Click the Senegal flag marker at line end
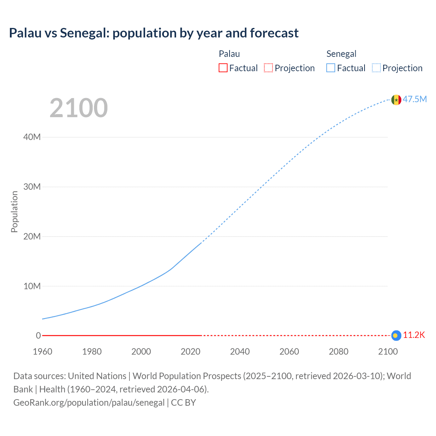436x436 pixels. pyautogui.click(x=396, y=100)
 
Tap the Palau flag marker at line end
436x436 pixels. pyautogui.click(x=396, y=336)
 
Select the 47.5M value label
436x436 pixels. pyautogui.click(x=415, y=99)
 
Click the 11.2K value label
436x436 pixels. pyautogui.click(x=414, y=335)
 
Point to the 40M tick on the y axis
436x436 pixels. pyautogui.click(x=32, y=137)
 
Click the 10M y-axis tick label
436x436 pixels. pyautogui.click(x=32, y=286)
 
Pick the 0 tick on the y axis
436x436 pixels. pyautogui.click(x=38, y=336)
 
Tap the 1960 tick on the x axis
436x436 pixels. pyautogui.click(x=43, y=352)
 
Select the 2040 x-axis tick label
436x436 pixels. pyautogui.click(x=240, y=352)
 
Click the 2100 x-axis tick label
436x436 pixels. pyautogui.click(x=388, y=352)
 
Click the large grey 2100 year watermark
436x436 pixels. pyautogui.click(x=79, y=108)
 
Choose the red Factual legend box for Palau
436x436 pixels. pyautogui.click(x=223, y=68)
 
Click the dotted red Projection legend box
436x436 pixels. pyautogui.click(x=268, y=68)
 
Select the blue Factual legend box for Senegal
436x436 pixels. pyautogui.click(x=331, y=68)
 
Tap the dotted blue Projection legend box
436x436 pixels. pyautogui.click(x=376, y=68)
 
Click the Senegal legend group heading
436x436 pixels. pyautogui.click(x=341, y=54)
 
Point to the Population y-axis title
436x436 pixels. pyautogui.click(x=14, y=212)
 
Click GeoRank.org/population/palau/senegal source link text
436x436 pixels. pyautogui.click(x=89, y=403)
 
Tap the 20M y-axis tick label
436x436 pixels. pyautogui.click(x=32, y=236)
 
